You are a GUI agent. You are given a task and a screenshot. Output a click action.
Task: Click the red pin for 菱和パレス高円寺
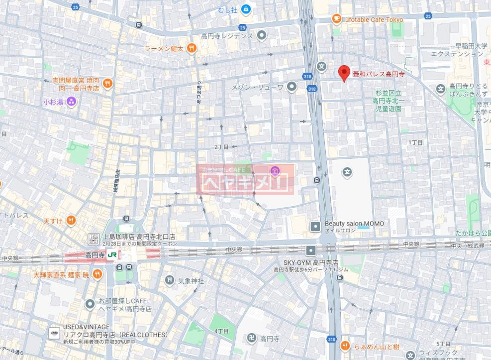(x=343, y=73)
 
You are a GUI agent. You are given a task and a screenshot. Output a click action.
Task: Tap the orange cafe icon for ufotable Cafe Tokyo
(x=336, y=19)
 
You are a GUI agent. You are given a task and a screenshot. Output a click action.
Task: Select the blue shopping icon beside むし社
(x=245, y=9)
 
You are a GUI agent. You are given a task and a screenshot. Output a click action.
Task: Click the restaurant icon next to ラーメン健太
(x=192, y=48)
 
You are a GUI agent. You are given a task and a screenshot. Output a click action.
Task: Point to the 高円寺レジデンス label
(x=227, y=36)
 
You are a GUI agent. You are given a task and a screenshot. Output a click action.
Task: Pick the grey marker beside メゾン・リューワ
(x=292, y=87)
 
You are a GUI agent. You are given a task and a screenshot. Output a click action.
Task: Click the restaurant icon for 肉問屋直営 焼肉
(x=107, y=83)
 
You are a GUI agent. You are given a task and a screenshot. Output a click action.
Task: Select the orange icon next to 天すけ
(x=72, y=220)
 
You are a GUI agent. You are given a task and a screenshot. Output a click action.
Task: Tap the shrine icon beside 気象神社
(x=170, y=281)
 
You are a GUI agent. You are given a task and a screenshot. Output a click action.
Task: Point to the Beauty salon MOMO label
(x=354, y=224)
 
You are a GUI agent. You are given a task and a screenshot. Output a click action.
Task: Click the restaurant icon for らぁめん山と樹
(x=344, y=346)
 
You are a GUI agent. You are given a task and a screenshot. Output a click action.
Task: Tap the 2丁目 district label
(x=221, y=147)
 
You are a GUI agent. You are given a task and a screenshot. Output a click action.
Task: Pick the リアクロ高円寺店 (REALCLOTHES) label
(x=115, y=335)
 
